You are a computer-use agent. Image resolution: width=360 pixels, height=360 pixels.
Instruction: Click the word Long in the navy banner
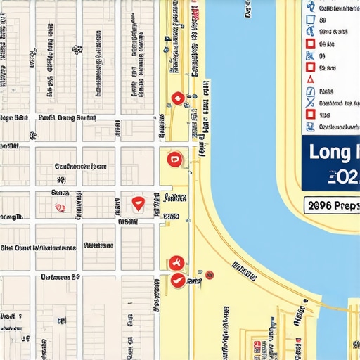tap(329, 151)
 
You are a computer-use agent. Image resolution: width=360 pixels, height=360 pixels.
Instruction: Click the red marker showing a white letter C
tap(174, 160)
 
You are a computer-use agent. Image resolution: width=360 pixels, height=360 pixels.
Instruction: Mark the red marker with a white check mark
tap(177, 280)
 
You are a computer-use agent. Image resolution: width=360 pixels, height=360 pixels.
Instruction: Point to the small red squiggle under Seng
tap(60, 207)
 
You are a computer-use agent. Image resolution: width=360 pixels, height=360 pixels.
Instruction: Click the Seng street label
tap(60, 192)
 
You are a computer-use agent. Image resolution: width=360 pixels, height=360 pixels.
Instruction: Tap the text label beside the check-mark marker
tap(194, 281)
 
